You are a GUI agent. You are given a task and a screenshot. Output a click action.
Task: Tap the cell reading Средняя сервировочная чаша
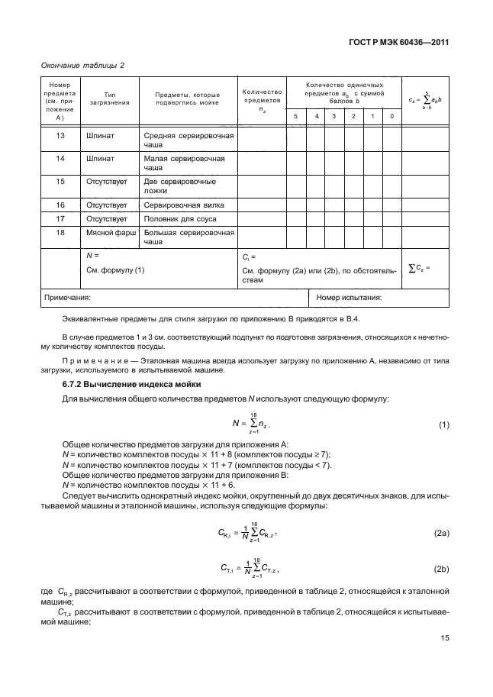[x=187, y=140]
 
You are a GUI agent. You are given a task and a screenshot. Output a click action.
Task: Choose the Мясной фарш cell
[x=108, y=231]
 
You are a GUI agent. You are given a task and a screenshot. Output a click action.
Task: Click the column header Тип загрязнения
[x=108, y=98]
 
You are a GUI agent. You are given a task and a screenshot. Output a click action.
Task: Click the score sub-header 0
[x=391, y=116]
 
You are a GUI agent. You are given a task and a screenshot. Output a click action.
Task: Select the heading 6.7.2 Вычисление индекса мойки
[x=124, y=385]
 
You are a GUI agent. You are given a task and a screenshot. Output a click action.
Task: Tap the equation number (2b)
[x=441, y=570]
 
